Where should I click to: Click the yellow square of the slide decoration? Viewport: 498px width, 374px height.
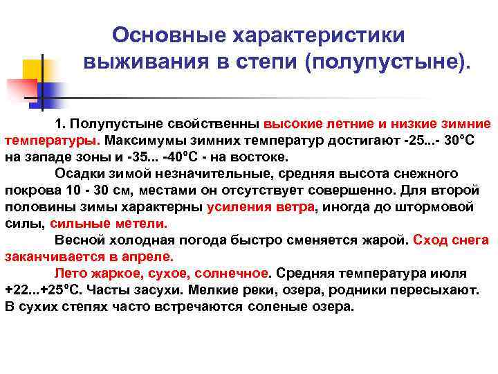(33, 69)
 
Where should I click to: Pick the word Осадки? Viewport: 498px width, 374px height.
(77, 174)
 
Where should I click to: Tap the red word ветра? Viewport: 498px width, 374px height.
(293, 207)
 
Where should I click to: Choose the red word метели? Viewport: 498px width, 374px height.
(143, 224)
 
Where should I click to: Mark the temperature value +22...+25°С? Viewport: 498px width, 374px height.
(39, 290)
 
